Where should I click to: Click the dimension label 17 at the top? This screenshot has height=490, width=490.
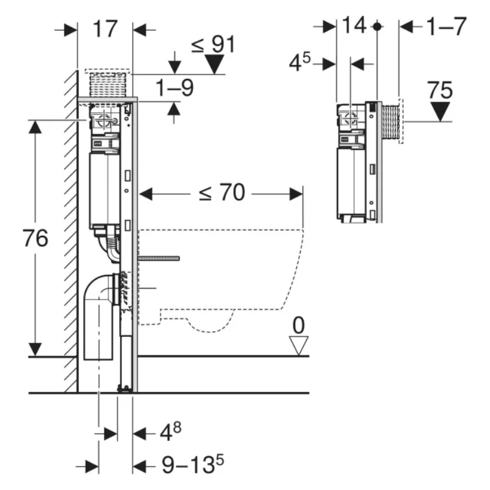pyautogui.click(x=105, y=29)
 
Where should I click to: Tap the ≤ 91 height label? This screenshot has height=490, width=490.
pyautogui.click(x=213, y=44)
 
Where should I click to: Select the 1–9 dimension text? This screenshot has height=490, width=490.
pyautogui.click(x=175, y=88)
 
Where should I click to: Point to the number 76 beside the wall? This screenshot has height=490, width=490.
pyautogui.click(x=36, y=238)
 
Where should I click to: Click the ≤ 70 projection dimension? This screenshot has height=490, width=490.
pyautogui.click(x=222, y=192)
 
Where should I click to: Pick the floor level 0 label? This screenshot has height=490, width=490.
pyautogui.click(x=298, y=325)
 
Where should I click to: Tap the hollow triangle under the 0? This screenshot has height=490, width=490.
pyautogui.click(x=298, y=345)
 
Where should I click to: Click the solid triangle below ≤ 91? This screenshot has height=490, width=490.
pyautogui.click(x=214, y=64)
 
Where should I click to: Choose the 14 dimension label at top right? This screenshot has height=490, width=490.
pyautogui.click(x=355, y=25)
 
